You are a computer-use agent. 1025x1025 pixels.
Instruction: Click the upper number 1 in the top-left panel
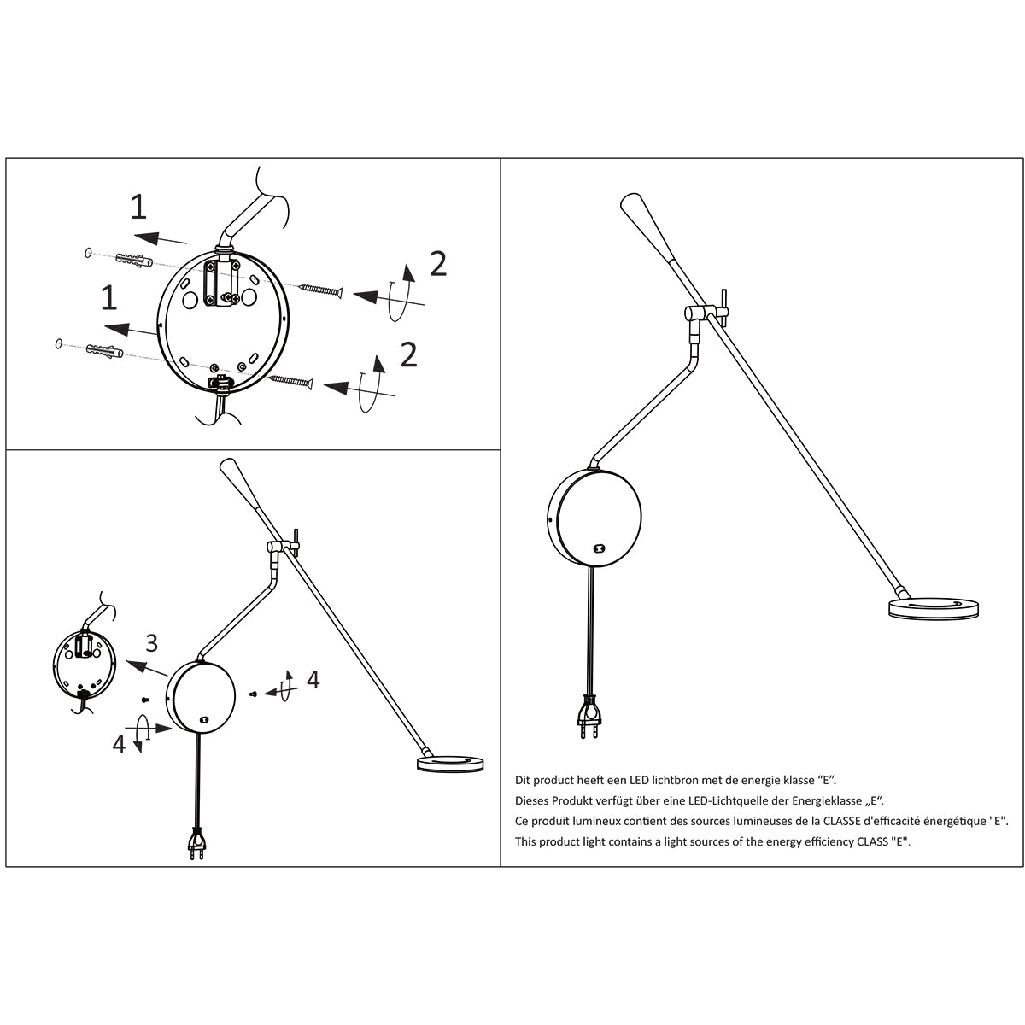point(138,207)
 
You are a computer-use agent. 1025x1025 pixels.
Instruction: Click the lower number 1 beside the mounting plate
point(108,298)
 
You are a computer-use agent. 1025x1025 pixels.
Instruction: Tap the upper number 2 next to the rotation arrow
point(437,264)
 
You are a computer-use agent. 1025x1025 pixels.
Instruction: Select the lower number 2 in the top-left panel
point(409,354)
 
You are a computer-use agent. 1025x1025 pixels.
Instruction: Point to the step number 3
point(151,642)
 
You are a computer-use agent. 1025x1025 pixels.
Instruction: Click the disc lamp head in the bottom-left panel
point(450,764)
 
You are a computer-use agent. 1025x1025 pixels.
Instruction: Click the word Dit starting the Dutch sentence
point(522,781)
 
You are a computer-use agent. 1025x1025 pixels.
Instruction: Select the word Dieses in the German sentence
point(533,801)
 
